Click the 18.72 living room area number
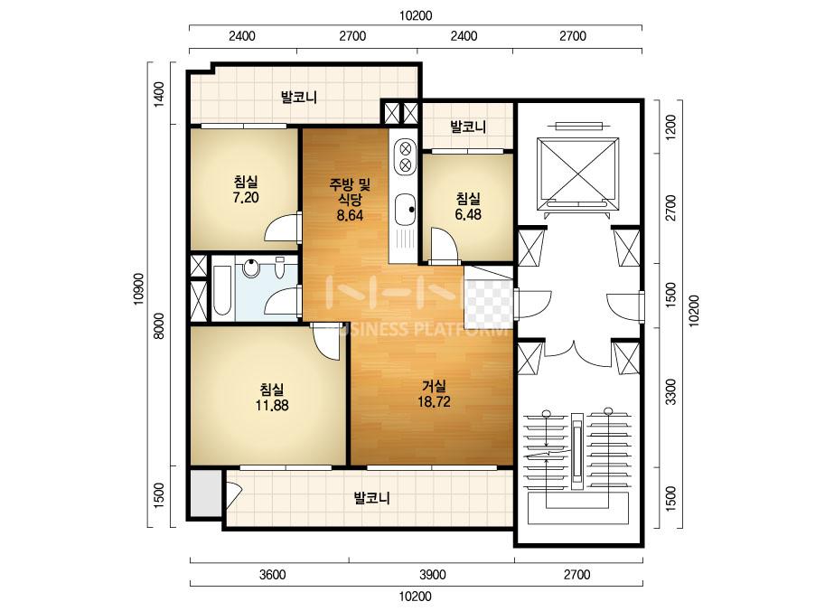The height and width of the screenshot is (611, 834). tap(434, 401)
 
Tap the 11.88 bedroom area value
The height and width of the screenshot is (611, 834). tap(272, 405)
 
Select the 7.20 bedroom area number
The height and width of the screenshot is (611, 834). tap(245, 197)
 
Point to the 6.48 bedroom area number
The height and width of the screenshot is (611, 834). tap(468, 214)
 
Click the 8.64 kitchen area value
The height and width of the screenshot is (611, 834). tap(350, 215)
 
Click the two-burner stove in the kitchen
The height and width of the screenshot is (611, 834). tap(406, 155)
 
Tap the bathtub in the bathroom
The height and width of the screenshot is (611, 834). tap(221, 290)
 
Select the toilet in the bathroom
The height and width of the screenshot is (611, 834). tap(280, 267)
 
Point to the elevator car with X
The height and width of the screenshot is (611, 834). tap(578, 173)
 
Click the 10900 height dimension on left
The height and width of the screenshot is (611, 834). tap(139, 289)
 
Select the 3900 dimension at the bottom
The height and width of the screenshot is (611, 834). tap(433, 575)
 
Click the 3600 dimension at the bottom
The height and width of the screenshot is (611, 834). tap(272, 575)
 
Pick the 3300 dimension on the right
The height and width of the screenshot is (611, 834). tap(671, 391)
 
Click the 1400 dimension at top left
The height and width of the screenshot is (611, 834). tap(159, 95)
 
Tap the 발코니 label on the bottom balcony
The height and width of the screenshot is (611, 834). tap(372, 498)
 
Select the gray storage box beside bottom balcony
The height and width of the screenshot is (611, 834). tap(206, 493)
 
